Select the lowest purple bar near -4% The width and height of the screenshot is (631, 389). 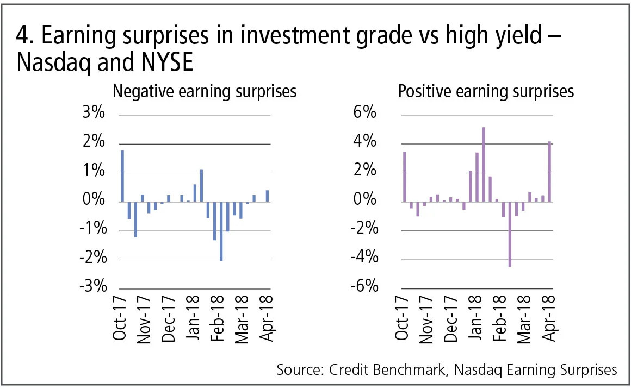[x=510, y=234]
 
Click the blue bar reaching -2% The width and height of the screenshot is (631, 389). [x=221, y=231]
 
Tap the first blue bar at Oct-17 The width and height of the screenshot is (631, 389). [x=122, y=176]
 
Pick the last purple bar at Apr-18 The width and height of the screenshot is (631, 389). [x=549, y=172]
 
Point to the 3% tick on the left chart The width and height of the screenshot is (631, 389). [x=94, y=115]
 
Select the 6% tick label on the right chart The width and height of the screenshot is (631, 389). [x=365, y=115]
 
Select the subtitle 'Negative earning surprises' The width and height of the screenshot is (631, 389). [x=205, y=91]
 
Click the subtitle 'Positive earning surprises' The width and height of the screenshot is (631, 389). [x=486, y=91]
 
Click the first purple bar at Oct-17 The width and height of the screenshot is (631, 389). [x=404, y=177]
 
